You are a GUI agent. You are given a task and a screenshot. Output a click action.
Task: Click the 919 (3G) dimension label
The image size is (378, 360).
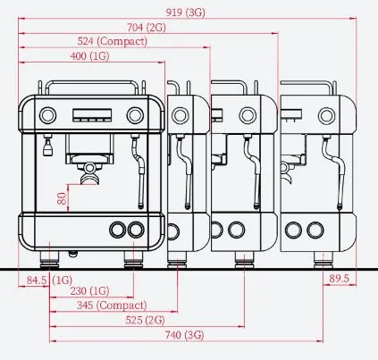[185, 13]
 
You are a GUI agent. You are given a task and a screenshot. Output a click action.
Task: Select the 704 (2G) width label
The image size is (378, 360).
[147, 28]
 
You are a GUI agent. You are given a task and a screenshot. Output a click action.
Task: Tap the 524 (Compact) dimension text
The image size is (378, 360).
[113, 41]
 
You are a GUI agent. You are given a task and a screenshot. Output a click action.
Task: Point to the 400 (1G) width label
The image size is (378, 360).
[89, 56]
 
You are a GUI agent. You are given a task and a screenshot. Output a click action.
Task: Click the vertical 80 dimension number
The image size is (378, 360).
[62, 198]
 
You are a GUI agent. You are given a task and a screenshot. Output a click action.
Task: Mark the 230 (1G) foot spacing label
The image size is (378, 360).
[89, 290]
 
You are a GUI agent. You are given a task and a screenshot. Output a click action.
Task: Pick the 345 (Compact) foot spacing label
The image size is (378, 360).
[112, 306]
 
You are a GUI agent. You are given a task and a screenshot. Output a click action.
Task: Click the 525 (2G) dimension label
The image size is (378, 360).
[145, 320]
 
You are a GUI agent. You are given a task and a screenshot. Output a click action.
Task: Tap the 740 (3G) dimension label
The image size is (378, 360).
[185, 335]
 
